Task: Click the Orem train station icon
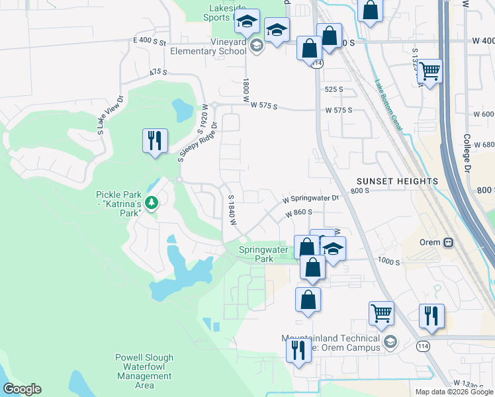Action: tap(449, 242)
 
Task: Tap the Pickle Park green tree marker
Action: tap(152, 202)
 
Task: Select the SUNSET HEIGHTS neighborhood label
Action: tap(397, 181)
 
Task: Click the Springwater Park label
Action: tap(263, 254)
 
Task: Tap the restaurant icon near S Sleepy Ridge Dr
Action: tap(155, 141)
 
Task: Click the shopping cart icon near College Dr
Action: tap(430, 71)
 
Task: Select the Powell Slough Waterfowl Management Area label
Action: tap(144, 372)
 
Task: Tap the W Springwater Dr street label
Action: tap(310, 198)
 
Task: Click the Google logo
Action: tap(22, 389)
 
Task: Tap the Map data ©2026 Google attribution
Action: tap(454, 392)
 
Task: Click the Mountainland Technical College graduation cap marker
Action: tap(390, 342)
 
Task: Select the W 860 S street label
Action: tap(299, 213)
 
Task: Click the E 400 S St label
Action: tap(149, 41)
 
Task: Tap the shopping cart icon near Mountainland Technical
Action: tap(381, 313)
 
